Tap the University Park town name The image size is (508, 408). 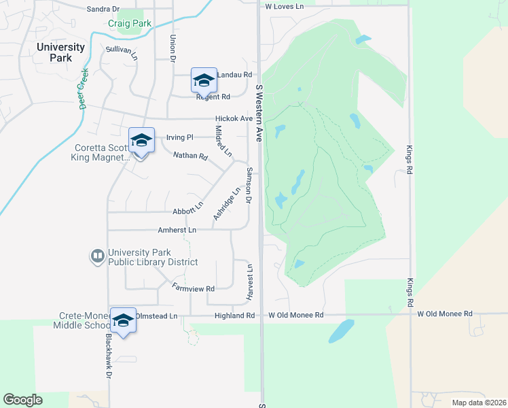tap(60, 52)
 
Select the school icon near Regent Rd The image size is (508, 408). tap(204, 82)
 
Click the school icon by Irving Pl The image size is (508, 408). tap(141, 141)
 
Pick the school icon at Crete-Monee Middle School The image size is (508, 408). tap(123, 321)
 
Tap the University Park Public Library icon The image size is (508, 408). tap(98, 256)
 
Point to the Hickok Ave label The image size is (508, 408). tap(234, 118)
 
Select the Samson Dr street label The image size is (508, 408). tap(249, 186)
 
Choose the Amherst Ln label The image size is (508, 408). tap(177, 231)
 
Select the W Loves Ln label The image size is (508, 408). tap(284, 6)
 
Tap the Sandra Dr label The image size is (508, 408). tap(103, 9)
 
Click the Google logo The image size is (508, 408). tap(22, 400)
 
